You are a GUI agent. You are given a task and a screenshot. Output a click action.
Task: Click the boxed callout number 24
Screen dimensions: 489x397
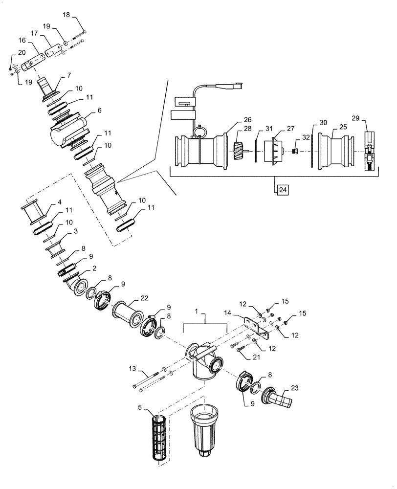click(x=283, y=188)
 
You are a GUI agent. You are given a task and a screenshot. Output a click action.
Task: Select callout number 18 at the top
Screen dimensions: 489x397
click(x=66, y=16)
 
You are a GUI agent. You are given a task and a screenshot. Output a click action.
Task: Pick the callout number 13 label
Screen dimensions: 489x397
click(x=133, y=369)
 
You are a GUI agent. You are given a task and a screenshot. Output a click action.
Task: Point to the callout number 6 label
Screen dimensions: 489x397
click(x=99, y=111)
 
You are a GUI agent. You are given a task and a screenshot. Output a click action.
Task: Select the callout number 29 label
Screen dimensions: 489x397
click(x=355, y=118)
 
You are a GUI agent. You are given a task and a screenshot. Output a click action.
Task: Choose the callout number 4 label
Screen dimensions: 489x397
click(x=59, y=201)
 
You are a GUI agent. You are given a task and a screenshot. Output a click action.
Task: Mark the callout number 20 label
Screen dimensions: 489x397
click(x=22, y=52)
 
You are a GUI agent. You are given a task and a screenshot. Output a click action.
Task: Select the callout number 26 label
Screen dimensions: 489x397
click(x=247, y=119)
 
